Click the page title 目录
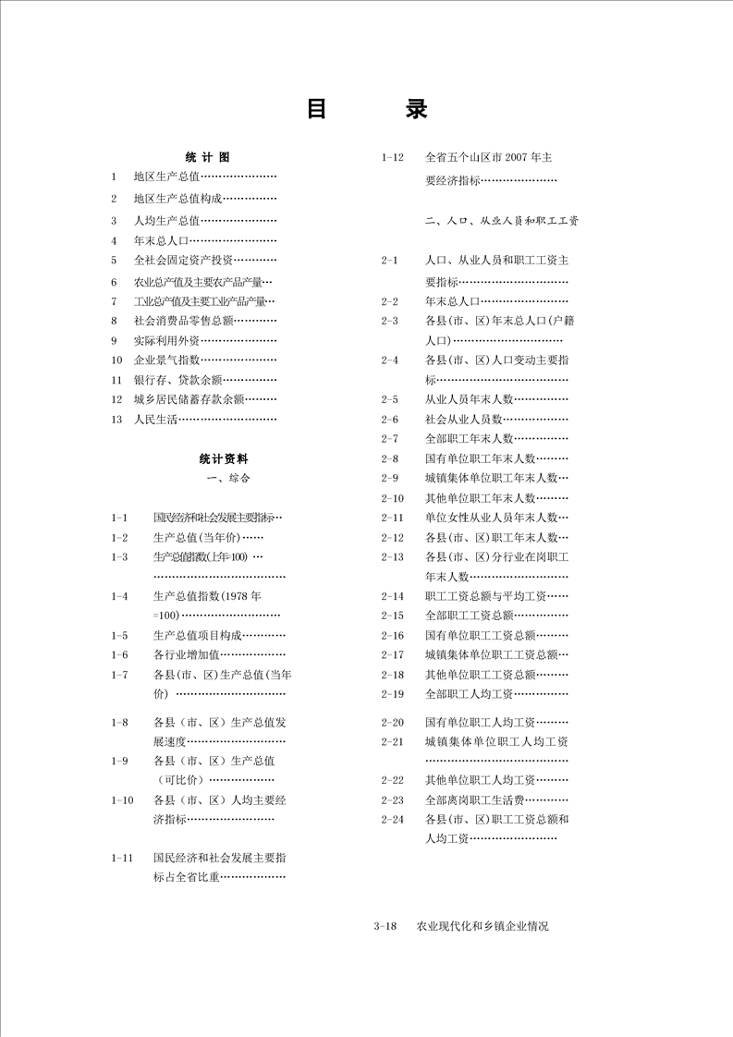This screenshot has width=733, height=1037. point(367,109)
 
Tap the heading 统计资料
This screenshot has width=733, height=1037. point(223,457)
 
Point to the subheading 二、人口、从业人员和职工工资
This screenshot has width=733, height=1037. point(501,222)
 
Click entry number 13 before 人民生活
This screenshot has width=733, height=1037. point(116,419)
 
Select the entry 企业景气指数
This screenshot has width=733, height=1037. point(167,360)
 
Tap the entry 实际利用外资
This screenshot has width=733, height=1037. point(167,339)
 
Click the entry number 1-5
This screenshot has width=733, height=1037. point(119,635)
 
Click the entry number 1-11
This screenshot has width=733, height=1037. point(122,858)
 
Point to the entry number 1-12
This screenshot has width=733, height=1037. point(392,157)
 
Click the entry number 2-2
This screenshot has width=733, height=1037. point(389,300)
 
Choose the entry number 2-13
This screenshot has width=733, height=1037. point(392,556)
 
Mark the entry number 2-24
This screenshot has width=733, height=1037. point(392,819)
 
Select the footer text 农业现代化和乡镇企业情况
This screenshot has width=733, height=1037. point(483,925)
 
